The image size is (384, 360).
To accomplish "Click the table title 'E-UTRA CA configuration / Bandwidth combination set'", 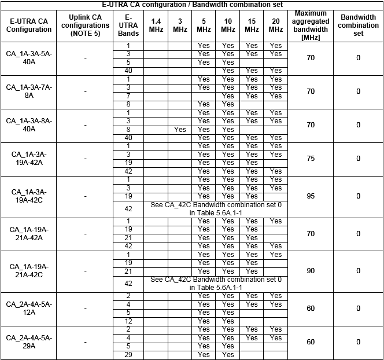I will [x=192, y=4].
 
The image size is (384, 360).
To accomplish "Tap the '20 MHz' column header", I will [x=276, y=25].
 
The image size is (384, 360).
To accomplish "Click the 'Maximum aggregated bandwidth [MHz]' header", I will [x=311, y=25].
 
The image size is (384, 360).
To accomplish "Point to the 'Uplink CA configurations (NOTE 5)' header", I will [x=85, y=25].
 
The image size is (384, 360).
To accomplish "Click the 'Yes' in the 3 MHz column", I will [x=180, y=130].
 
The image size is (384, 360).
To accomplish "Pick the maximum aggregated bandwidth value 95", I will [x=311, y=196].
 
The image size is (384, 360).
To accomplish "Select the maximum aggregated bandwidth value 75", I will [x=311, y=159].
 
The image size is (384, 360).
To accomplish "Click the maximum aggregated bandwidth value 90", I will [x=311, y=271].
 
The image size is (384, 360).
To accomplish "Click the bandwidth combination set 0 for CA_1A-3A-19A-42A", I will [x=358, y=159].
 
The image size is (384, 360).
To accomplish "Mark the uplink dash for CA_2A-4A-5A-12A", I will [x=85, y=308].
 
